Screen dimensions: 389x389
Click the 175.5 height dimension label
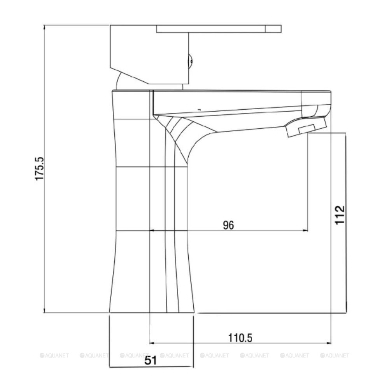pyautogui.click(x=39, y=169)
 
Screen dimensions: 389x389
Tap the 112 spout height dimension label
pyautogui.click(x=340, y=215)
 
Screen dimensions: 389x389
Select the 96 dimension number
pyautogui.click(x=228, y=225)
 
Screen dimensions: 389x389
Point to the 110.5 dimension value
pyautogui.click(x=240, y=338)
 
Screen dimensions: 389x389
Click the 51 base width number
pyautogui.click(x=151, y=360)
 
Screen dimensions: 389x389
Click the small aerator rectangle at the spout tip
pyautogui.click(x=307, y=129)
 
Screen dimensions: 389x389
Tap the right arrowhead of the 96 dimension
pyautogui.click(x=306, y=231)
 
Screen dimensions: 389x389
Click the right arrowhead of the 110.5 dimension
pyautogui.click(x=329, y=343)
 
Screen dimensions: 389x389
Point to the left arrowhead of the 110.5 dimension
pyautogui.click(x=152, y=343)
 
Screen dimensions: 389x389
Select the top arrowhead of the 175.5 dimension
pyautogui.click(x=44, y=28)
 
